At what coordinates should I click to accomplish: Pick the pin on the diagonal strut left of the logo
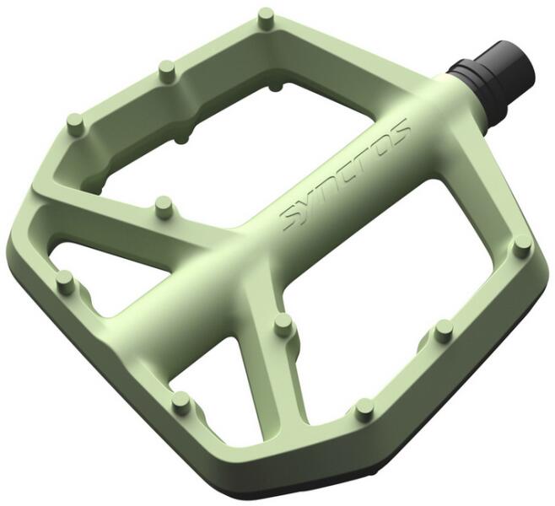pos(164,205)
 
